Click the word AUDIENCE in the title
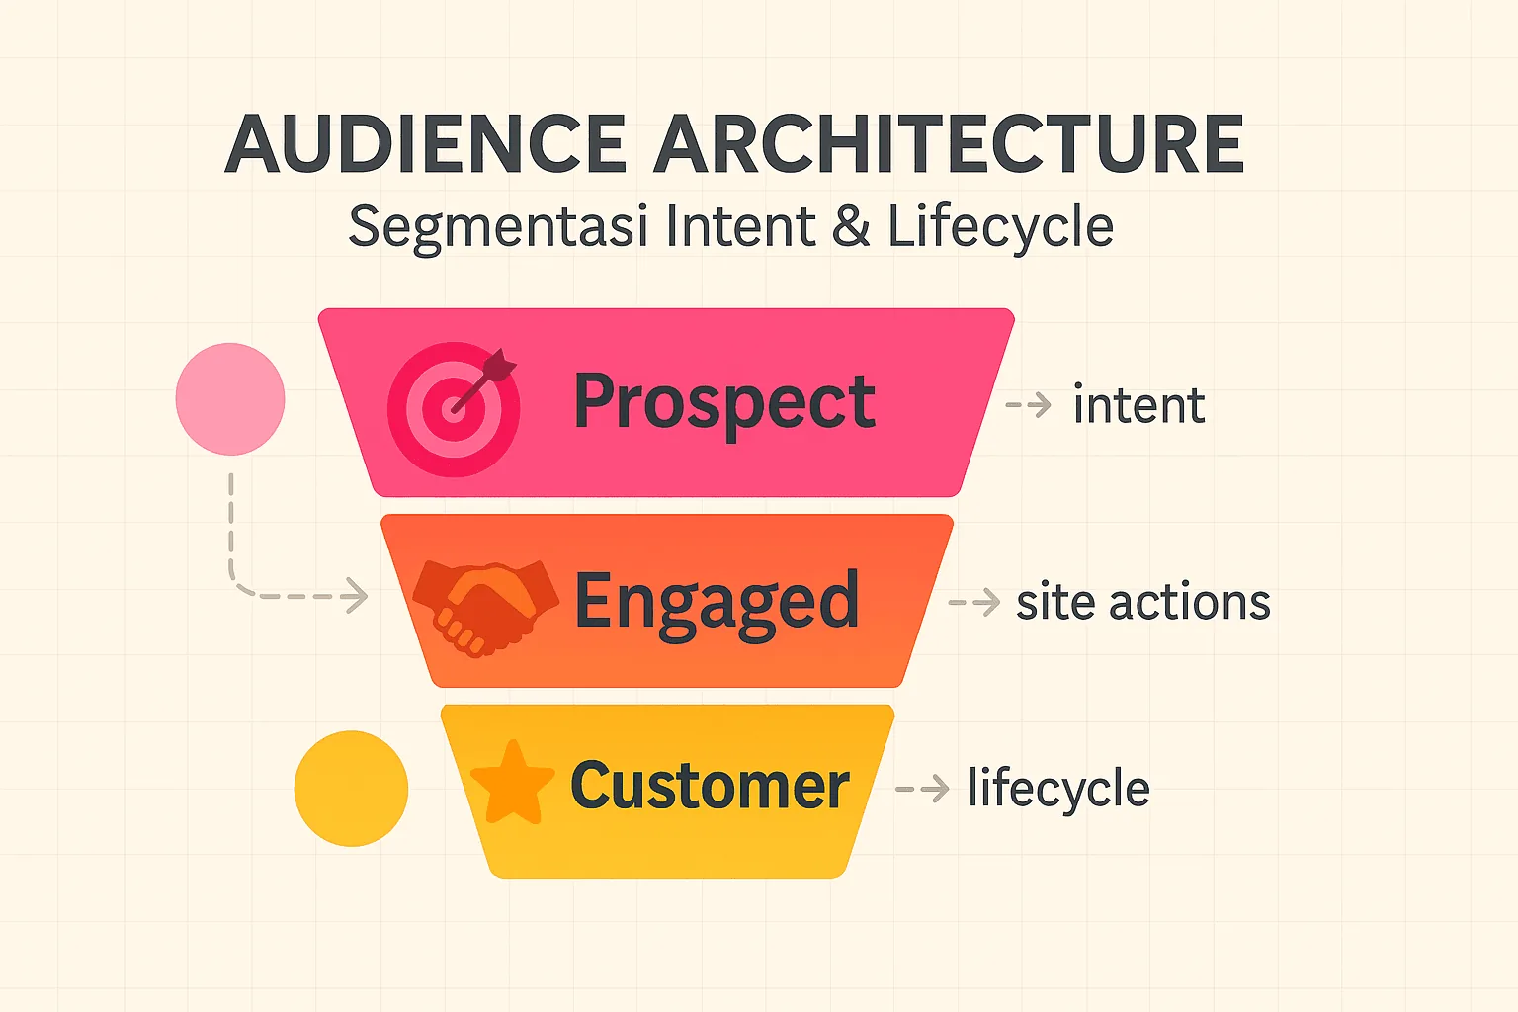tap(426, 144)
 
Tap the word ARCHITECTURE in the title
tap(948, 144)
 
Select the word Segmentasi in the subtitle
tap(498, 227)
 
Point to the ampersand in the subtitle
tap(850, 226)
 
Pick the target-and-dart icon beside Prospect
tap(454, 408)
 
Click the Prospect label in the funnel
tap(723, 402)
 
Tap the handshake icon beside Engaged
tap(485, 606)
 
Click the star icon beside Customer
tap(512, 783)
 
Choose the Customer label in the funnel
tap(710, 787)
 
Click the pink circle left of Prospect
tap(230, 399)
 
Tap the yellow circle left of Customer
tap(351, 789)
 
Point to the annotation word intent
tap(1138, 406)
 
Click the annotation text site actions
tap(1142, 603)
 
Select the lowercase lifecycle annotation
tap(1058, 789)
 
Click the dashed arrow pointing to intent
tap(1029, 405)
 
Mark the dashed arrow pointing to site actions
tap(974, 602)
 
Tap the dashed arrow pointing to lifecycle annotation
tap(923, 789)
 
